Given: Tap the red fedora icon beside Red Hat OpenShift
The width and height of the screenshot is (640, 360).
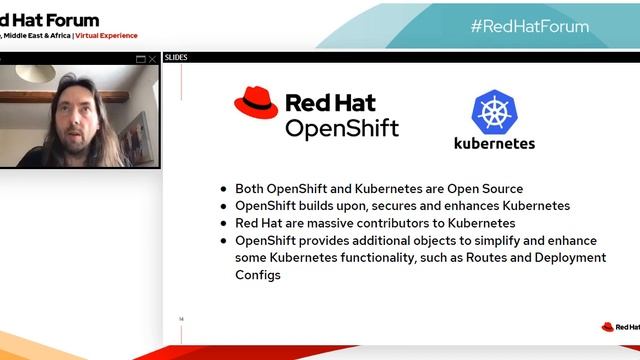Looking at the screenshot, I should coord(256,104).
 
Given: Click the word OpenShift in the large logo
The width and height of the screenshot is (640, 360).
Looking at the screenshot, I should coord(341,128).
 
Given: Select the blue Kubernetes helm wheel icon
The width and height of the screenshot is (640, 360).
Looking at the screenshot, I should coord(493,111).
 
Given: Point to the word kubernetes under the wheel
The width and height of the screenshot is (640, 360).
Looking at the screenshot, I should coord(494,143).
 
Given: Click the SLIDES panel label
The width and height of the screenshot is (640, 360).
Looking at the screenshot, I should coord(176,58).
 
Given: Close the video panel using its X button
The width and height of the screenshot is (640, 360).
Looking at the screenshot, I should coord(152,59).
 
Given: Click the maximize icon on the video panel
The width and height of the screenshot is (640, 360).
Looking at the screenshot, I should coord(140,59).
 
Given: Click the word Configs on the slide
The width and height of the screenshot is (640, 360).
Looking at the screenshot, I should coord(258,274).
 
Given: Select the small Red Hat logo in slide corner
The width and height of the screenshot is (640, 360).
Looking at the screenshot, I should coord(619,326).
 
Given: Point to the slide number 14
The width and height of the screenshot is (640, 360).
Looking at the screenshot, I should coord(181,319).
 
